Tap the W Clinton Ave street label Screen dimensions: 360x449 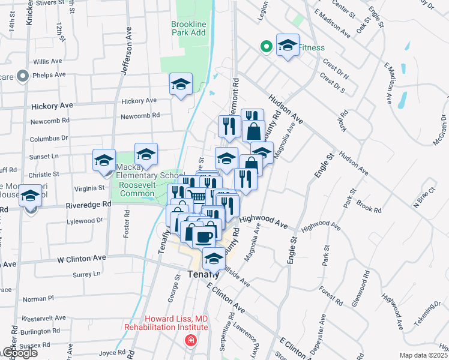tap(82, 259)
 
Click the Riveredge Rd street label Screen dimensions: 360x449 tap(89, 204)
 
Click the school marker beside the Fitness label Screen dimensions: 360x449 tap(288, 45)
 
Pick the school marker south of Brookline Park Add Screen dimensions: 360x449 tap(180, 85)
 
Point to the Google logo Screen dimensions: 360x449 tap(19, 353)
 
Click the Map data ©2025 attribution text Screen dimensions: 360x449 tap(424, 355)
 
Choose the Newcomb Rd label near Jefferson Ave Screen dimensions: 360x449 tap(140, 115)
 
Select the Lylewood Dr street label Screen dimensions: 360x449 tap(86, 221)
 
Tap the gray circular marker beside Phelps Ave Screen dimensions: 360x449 tap(23, 76)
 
